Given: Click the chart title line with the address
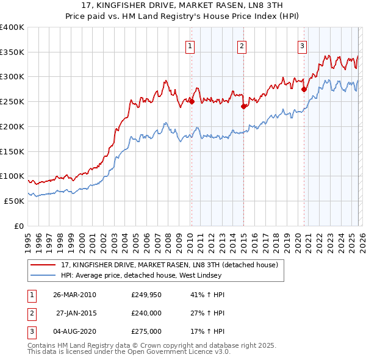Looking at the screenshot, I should (x=183, y=5).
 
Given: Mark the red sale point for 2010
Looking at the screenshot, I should (x=192, y=102).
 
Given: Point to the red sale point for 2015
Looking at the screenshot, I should (x=243, y=106).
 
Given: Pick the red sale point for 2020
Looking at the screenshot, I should (x=303, y=89).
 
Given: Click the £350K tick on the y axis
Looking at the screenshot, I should (x=12, y=52).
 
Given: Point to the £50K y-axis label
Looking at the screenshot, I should (x=14, y=201).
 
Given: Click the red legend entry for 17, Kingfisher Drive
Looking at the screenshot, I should (x=170, y=265).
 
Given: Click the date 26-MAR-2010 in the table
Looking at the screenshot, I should (x=74, y=295).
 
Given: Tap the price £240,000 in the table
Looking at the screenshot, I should (x=146, y=313).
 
